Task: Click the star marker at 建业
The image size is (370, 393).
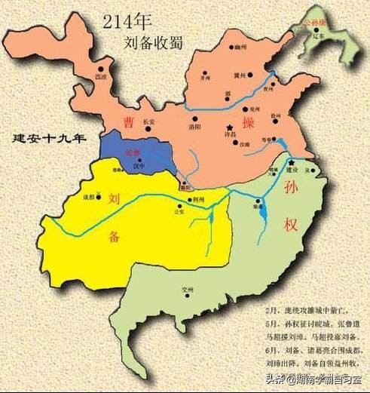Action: [x=291, y=162]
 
